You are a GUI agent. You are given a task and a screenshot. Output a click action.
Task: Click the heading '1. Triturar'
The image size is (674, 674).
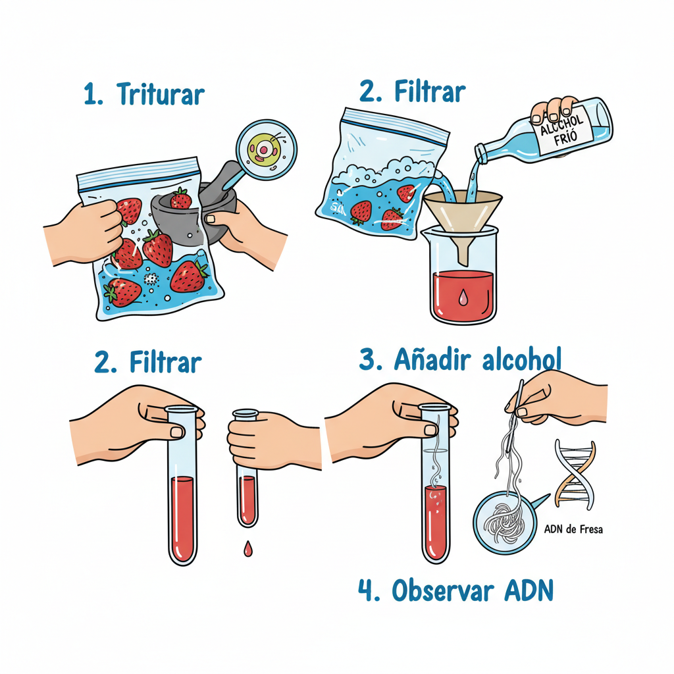[x=144, y=94]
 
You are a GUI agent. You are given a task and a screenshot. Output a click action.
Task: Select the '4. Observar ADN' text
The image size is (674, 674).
[x=455, y=590]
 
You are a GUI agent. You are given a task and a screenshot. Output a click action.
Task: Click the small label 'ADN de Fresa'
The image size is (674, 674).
[x=573, y=529]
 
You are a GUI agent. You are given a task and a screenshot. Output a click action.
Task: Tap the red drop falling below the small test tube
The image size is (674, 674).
[x=247, y=548]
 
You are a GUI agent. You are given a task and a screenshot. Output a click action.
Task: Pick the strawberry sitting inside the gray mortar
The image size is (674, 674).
[x=180, y=199]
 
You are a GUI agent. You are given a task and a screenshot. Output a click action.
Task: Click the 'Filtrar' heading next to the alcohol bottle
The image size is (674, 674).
[x=413, y=93]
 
